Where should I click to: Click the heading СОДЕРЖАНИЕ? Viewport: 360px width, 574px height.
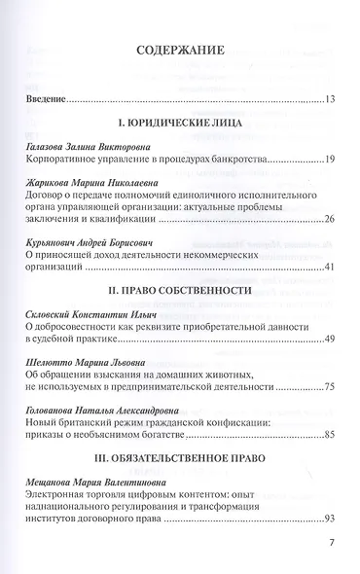click(x=180, y=52)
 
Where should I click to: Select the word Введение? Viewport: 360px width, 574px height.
click(x=47, y=98)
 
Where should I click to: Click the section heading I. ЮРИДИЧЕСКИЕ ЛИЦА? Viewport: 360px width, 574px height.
click(x=180, y=126)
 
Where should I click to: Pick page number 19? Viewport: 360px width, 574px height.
click(x=330, y=158)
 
